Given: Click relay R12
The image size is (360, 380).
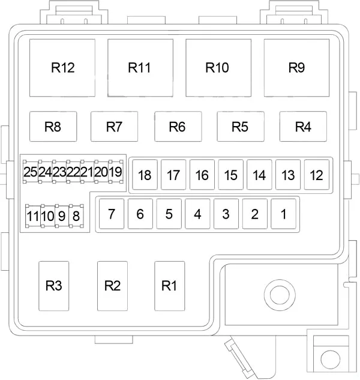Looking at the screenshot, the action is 62,68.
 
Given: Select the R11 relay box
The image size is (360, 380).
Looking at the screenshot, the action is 140,68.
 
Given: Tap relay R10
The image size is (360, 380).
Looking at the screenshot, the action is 218,68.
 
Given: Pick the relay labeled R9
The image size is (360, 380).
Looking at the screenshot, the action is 296,68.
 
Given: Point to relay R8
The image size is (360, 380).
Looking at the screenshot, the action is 53,126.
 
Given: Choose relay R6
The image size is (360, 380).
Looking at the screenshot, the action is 178,126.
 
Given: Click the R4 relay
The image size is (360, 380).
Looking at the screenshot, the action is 303,126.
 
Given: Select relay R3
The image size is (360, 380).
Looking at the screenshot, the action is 54,286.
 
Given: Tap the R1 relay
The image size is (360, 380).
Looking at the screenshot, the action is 170,286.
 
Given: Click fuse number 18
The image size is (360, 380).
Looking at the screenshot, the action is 145,175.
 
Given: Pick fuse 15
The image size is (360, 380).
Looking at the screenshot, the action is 230,175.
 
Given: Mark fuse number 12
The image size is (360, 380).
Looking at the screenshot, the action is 317,175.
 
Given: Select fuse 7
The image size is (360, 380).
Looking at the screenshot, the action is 112,214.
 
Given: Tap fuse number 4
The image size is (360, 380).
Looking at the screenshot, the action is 197,214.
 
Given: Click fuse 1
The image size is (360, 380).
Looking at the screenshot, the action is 283,214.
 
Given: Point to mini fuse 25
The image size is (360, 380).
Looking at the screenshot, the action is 31,172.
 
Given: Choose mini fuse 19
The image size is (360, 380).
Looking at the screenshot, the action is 116,172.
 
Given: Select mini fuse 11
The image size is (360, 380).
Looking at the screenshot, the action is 33,216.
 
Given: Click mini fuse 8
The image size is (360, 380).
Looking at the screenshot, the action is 76,216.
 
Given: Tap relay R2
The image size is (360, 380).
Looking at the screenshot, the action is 112,286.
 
